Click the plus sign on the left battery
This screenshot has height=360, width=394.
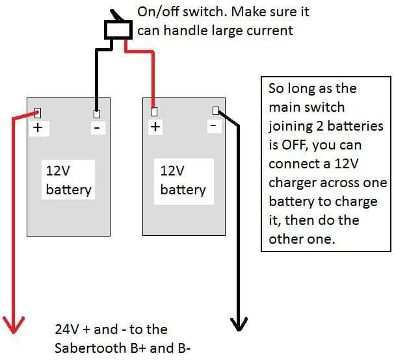[38, 128]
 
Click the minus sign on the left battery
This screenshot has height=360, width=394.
[97, 128]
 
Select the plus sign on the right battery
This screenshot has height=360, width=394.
[155, 127]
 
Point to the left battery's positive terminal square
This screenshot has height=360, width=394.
[37, 112]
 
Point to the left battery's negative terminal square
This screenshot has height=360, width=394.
[97, 114]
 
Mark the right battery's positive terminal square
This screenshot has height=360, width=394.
[154, 112]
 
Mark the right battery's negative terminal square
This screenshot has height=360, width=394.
[216, 110]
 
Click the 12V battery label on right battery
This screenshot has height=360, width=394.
[183, 181]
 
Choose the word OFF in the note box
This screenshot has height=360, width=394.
[298, 144]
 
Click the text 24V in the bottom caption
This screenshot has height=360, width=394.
[68, 329]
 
